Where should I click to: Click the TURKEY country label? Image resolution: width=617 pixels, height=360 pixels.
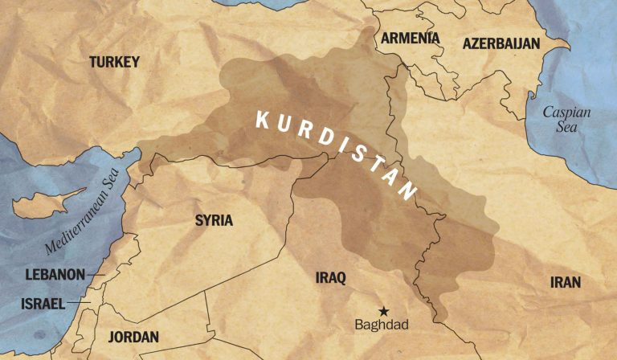click(x=115, y=62)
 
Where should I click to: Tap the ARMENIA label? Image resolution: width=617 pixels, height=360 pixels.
click(x=410, y=39)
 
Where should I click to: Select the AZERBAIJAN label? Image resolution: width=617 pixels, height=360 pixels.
click(x=501, y=43)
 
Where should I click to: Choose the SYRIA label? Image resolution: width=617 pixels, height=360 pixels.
click(x=214, y=220)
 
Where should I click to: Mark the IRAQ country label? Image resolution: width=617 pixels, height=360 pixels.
click(x=330, y=278)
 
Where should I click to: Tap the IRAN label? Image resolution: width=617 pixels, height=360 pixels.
click(x=565, y=282)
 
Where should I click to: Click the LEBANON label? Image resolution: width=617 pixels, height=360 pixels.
click(x=55, y=275)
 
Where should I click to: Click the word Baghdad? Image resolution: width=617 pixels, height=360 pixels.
click(x=382, y=325)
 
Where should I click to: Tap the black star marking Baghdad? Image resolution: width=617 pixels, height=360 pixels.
click(x=384, y=310)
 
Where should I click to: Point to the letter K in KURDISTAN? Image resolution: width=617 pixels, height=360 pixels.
click(x=261, y=120)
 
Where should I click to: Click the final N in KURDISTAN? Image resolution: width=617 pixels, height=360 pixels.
click(x=408, y=192)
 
